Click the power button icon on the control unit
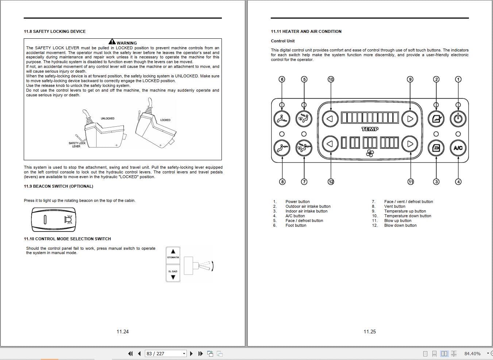458,119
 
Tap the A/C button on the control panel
458,148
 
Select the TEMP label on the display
370,129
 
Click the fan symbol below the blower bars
370,154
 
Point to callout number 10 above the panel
331,79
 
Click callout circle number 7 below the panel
304,181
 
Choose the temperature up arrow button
410,119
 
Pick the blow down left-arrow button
330,144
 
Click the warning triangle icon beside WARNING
112,42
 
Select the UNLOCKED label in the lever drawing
107,119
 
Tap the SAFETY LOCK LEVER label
77,145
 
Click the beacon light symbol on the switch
68,219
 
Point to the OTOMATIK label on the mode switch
173,257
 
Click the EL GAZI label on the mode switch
173,271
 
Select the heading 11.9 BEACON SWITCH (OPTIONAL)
58,186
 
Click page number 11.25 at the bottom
369,332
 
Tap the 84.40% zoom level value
472,353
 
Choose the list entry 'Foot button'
296,225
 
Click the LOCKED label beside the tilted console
165,120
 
